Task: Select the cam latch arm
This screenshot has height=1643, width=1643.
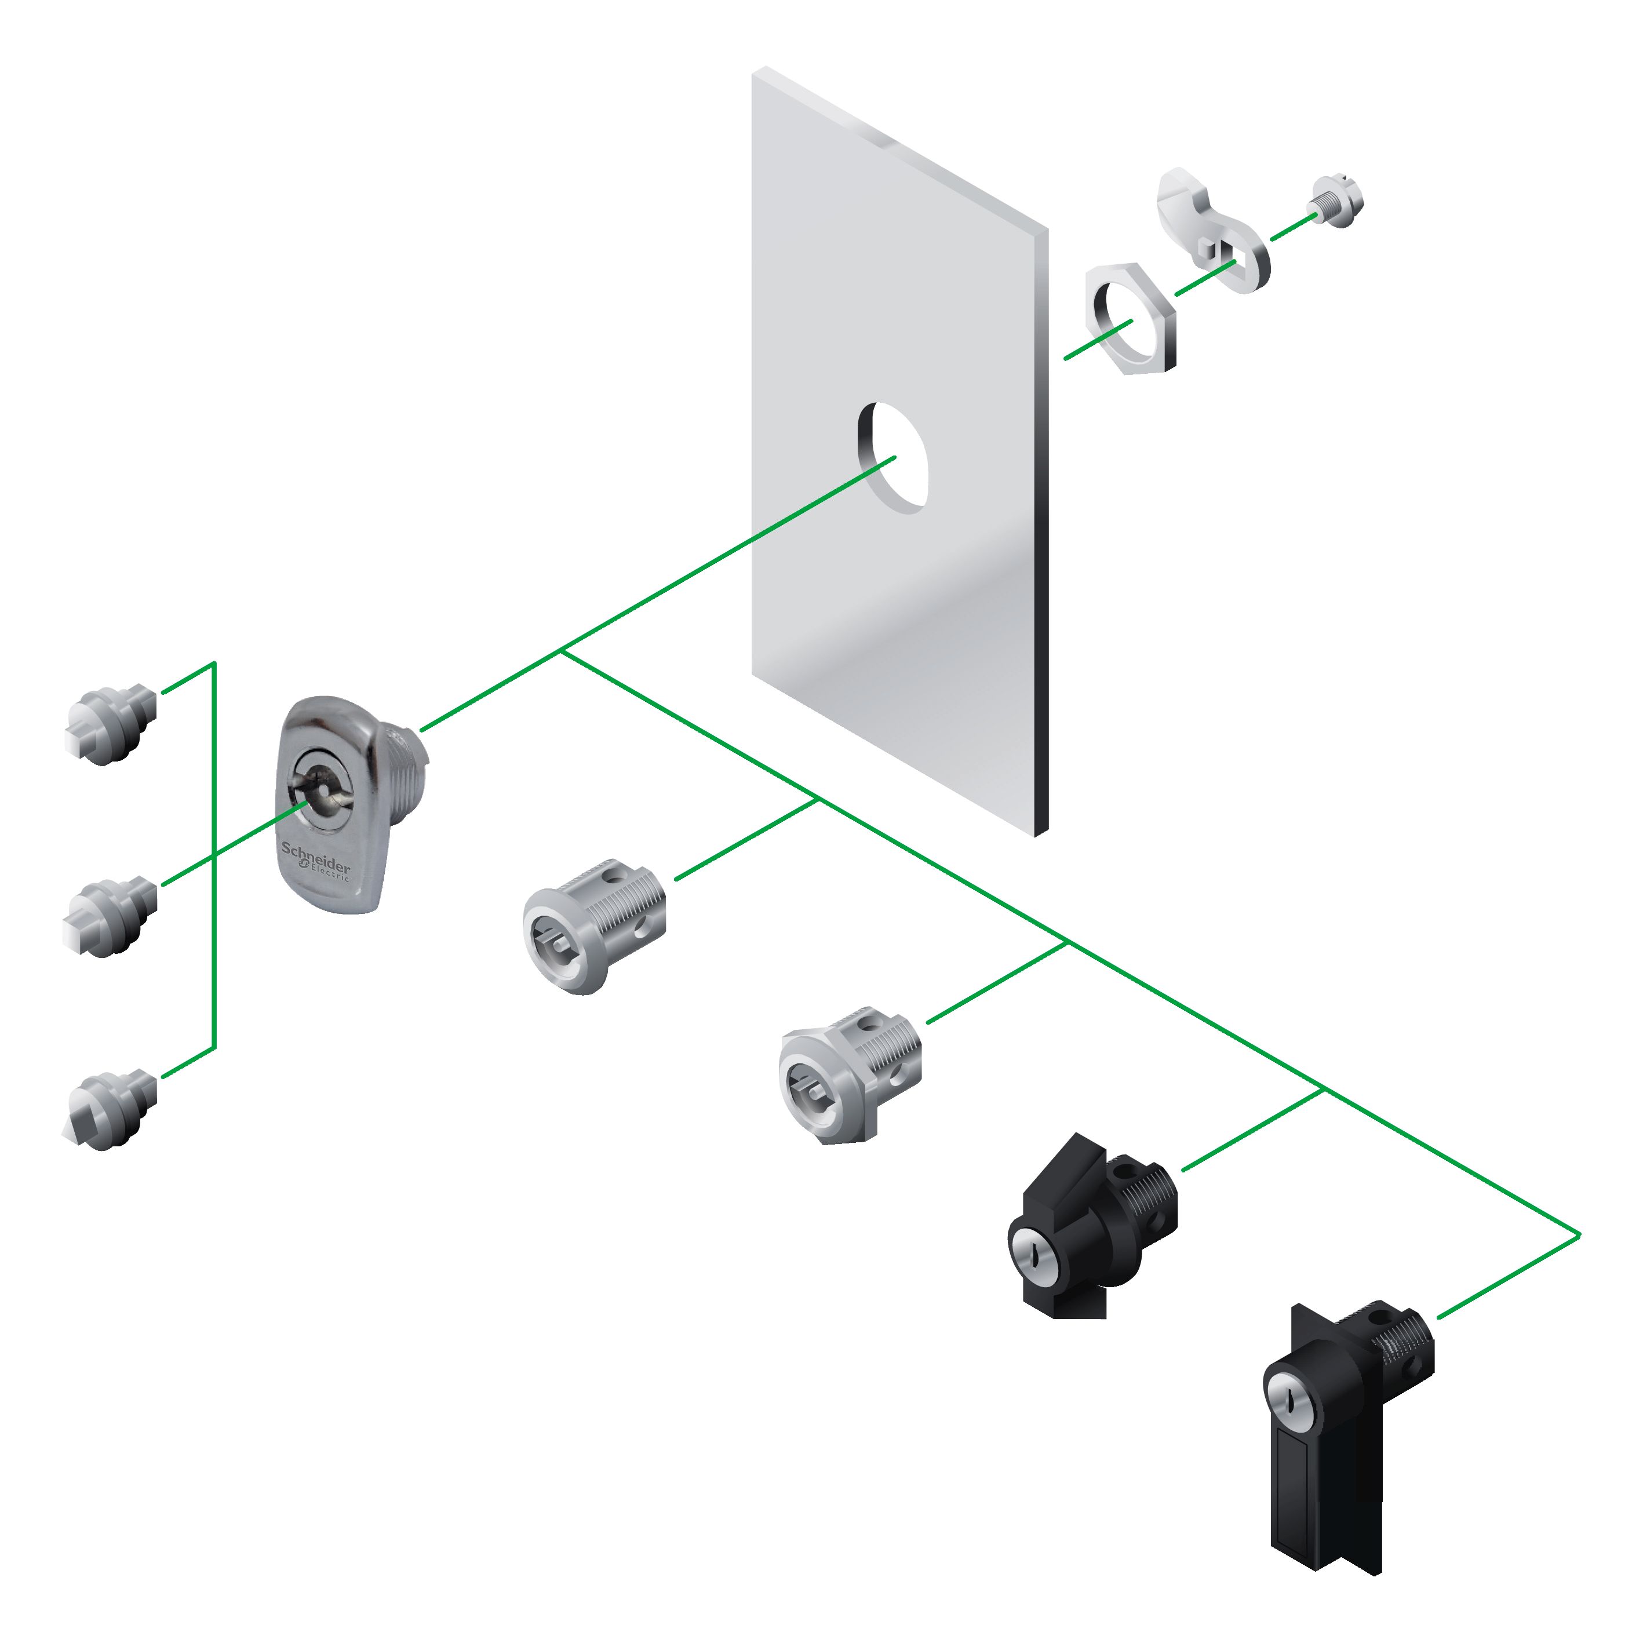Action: point(1212,225)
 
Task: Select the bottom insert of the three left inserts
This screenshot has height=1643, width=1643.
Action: point(111,1110)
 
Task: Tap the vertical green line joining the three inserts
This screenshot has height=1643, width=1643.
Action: point(214,855)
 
